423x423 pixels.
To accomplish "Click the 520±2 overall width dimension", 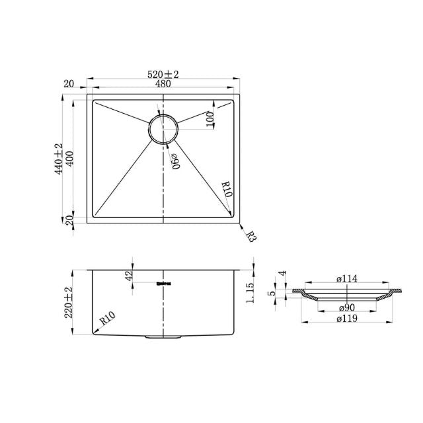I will (x=163, y=73).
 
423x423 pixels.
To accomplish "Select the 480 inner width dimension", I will (x=163, y=83).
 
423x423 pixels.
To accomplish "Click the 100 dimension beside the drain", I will (x=210, y=119).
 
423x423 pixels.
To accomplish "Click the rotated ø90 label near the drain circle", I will (x=175, y=160).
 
